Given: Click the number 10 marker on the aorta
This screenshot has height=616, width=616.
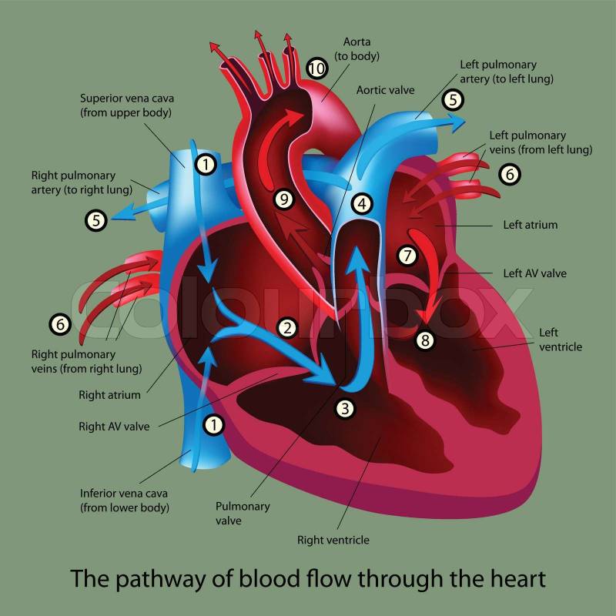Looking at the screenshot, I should click(316, 68).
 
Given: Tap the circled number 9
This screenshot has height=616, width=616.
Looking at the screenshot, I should click(284, 199).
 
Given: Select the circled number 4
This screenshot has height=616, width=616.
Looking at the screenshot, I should click(362, 204).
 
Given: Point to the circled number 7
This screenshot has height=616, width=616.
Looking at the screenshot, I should click(407, 255).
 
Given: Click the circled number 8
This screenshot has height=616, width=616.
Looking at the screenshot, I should click(425, 340).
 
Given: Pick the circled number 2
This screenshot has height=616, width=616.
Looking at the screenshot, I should click(287, 327).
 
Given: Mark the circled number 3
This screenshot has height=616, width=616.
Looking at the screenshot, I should click(346, 409).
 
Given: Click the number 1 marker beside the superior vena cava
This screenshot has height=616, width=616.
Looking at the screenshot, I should click(204, 162).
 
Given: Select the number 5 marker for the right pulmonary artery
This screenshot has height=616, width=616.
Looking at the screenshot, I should click(95, 221).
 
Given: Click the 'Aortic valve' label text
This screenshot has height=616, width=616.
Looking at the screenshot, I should click(385, 90).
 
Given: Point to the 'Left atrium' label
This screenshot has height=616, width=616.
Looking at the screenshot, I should click(530, 226).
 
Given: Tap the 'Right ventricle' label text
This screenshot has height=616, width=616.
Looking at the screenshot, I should click(333, 540).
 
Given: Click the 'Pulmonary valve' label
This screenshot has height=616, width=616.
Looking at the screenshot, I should click(243, 514).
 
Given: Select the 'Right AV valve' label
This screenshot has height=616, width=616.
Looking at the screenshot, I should click(114, 425).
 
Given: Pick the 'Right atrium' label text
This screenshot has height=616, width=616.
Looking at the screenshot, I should click(109, 395).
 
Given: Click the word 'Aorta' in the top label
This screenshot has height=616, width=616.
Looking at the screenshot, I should click(346, 44).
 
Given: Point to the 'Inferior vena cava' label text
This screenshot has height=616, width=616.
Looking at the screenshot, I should click(124, 493).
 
